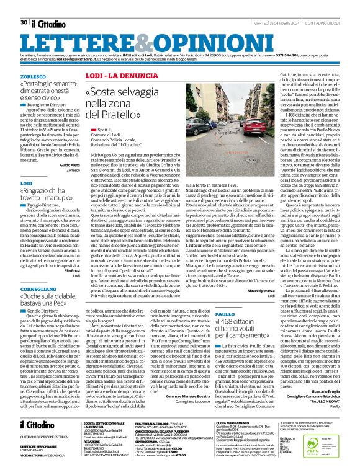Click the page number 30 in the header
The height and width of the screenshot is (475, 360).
point(24,6)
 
